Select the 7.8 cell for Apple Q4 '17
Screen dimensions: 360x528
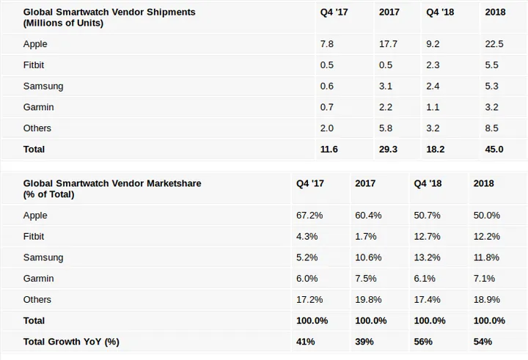[327, 44]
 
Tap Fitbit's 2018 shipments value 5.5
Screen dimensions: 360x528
[491, 65]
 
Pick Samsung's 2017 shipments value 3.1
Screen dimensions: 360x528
[386, 86]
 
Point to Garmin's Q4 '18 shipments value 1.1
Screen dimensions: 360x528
[433, 107]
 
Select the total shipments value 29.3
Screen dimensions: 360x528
[388, 149]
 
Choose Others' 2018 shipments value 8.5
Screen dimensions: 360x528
[491, 128]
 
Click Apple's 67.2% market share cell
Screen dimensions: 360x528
[308, 216]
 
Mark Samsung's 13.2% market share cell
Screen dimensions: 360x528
[428, 257]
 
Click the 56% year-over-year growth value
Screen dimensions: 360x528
[423, 342]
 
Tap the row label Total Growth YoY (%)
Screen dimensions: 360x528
[71, 342]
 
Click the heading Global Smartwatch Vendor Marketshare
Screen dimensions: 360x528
[111, 183]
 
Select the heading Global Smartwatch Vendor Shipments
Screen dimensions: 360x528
[109, 12]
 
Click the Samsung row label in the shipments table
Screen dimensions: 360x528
[43, 86]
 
